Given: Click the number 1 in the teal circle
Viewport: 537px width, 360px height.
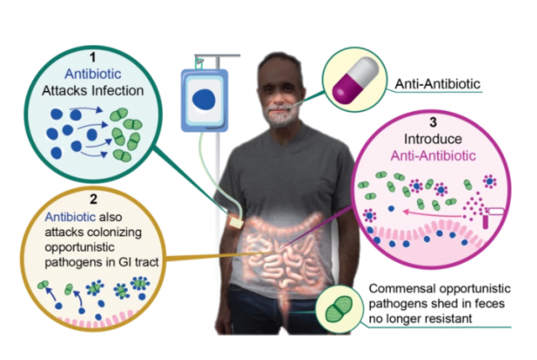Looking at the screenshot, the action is click(x=93, y=57).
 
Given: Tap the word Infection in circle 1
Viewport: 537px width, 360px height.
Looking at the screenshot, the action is click(x=117, y=91).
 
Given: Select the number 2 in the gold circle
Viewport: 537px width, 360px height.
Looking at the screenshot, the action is click(x=94, y=199).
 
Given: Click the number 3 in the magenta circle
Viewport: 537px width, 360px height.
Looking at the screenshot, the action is click(x=433, y=122).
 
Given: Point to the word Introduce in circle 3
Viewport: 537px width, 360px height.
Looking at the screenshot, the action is click(x=433, y=139).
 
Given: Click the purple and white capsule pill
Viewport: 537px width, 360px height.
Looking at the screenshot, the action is click(x=355, y=80).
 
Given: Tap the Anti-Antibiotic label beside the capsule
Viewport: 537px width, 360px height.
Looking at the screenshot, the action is click(x=437, y=84).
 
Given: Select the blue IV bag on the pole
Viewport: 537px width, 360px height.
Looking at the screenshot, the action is click(x=205, y=100).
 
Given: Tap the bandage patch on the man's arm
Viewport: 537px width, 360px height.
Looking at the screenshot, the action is click(x=236, y=223).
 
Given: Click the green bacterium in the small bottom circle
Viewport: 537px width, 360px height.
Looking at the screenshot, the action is click(x=338, y=309).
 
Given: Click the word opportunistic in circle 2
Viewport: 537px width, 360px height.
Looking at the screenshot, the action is click(x=80, y=247).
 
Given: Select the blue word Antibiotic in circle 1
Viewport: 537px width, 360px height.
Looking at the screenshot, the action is click(x=93, y=74).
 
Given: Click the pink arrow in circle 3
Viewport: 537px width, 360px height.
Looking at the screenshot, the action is click(x=432, y=214).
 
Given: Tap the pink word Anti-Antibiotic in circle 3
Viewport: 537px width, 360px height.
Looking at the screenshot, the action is click(x=433, y=156).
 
